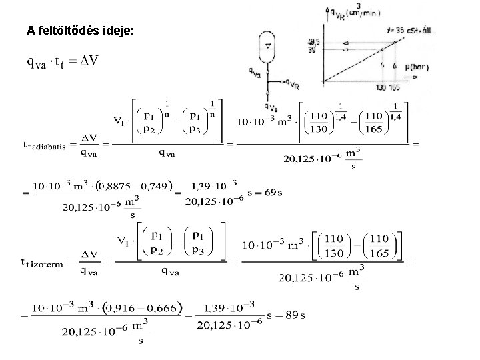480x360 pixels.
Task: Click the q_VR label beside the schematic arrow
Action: [x=291, y=85]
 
